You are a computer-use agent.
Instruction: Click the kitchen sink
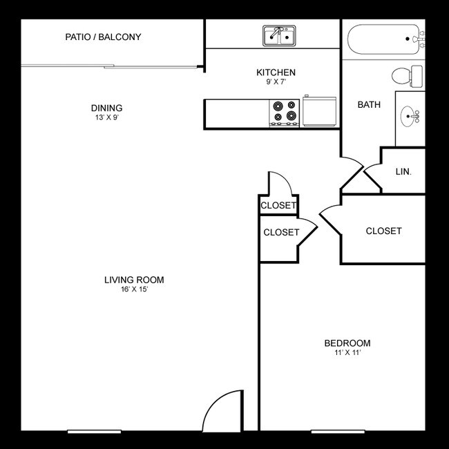click(279, 36)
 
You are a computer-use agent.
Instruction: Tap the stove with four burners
click(284, 113)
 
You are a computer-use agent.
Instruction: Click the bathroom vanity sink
click(413, 116)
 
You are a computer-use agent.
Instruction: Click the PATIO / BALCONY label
click(103, 37)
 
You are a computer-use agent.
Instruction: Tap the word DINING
click(106, 108)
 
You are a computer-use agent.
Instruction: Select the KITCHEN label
click(276, 73)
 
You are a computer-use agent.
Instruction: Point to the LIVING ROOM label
click(134, 280)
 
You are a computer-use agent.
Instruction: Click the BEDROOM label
click(347, 343)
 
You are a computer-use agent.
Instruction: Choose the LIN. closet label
click(403, 171)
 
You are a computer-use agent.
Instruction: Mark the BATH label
click(369, 105)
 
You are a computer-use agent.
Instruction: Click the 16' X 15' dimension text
click(134, 289)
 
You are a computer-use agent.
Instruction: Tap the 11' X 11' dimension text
click(347, 353)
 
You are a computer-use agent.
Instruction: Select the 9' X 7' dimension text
click(276, 82)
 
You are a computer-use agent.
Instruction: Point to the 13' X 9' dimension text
click(106, 117)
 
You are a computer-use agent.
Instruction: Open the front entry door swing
click(222, 412)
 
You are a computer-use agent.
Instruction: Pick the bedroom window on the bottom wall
click(338, 432)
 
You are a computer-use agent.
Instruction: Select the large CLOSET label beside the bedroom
click(383, 231)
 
